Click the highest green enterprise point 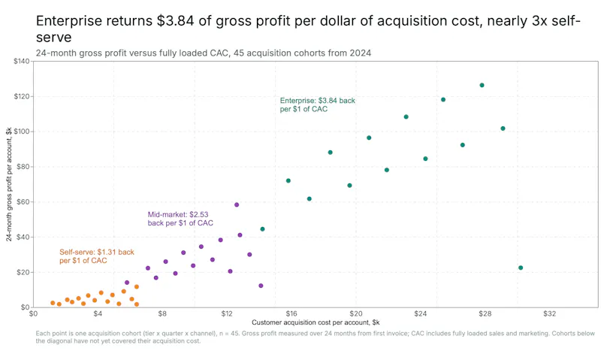(x=482, y=85)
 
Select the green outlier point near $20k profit (x=521, y=268)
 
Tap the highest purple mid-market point (x=237, y=204)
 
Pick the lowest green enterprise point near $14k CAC (x=262, y=229)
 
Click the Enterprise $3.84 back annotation (x=317, y=104)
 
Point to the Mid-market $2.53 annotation (x=180, y=219)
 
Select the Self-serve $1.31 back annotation (x=97, y=256)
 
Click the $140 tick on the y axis (x=22, y=62)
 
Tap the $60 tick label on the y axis (x=23, y=201)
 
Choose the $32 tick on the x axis (x=549, y=314)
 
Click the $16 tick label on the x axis (x=291, y=314)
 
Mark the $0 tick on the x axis (x=33, y=314)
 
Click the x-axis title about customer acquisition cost (x=316, y=322)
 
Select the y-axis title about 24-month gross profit (x=9, y=184)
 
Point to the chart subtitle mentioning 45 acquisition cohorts (x=204, y=53)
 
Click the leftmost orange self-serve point (x=53, y=303)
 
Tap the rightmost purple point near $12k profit (x=261, y=286)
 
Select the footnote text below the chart (x=315, y=337)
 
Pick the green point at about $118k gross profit (x=443, y=100)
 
